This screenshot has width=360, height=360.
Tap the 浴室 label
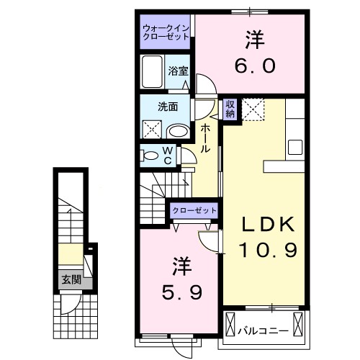coord(178,71)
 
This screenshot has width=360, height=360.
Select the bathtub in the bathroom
coord(153,72)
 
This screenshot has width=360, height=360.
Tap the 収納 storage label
coord(230,108)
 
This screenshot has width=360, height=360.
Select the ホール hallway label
coord(206,137)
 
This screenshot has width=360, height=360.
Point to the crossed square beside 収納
coord(253,109)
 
